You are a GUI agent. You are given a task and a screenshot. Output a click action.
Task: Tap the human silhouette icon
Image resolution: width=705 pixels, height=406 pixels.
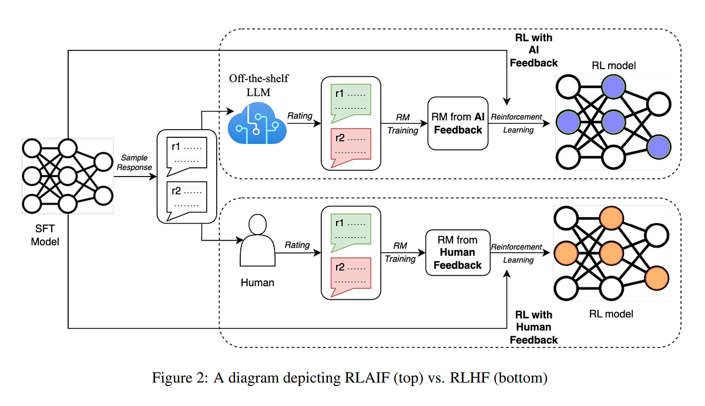pos(257,241)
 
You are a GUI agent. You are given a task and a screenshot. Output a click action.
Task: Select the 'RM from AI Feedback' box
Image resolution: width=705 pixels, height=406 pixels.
pos(457,123)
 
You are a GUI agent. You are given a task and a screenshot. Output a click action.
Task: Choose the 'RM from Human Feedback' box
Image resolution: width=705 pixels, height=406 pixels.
pos(457,252)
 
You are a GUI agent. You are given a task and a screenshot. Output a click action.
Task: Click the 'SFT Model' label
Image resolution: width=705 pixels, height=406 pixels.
pos(46,235)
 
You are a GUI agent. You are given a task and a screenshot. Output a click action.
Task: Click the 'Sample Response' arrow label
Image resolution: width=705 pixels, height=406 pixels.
pos(135,163)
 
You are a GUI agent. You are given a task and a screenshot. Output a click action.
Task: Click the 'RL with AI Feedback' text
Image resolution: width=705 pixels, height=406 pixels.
pos(533,50)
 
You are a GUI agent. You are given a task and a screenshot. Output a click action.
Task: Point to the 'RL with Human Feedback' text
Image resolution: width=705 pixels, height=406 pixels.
pos(533,327)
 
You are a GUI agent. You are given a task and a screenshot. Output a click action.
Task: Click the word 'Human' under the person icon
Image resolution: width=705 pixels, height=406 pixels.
pos(257,283)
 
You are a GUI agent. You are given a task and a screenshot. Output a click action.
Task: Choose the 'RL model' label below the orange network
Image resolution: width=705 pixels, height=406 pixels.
pos(611,314)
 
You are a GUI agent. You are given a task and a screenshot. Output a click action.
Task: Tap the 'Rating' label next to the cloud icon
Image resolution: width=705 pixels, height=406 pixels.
pos(300,116)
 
